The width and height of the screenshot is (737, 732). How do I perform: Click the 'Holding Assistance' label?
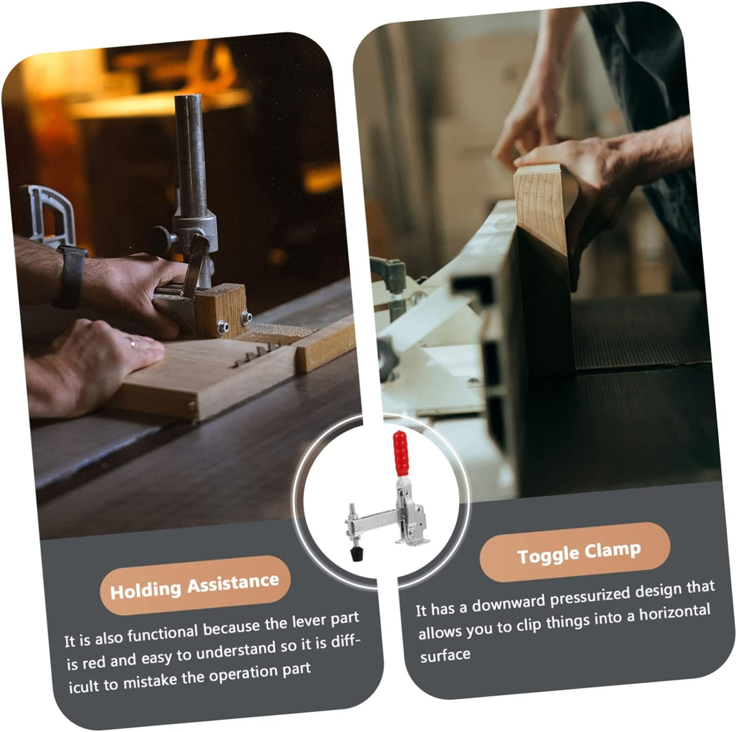[195, 586]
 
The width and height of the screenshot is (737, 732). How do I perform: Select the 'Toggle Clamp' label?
[575, 553]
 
